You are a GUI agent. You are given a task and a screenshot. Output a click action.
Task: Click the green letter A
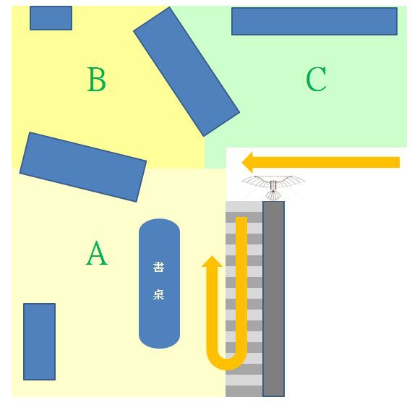pyautogui.click(x=97, y=253)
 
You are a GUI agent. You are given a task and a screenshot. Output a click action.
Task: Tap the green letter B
pyautogui.click(x=97, y=80)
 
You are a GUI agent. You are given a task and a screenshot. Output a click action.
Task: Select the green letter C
pyautogui.click(x=316, y=79)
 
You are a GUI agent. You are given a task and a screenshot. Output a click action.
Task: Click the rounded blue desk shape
pyautogui.click(x=159, y=284)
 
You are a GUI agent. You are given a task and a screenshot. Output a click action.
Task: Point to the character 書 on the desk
pyautogui.click(x=158, y=267)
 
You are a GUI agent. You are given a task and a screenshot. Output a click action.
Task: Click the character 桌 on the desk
pyautogui.click(x=158, y=294)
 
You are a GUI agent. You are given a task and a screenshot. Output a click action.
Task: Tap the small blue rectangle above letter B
pyautogui.click(x=51, y=18)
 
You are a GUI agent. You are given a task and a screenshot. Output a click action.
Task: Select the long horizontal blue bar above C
pyautogui.click(x=314, y=21)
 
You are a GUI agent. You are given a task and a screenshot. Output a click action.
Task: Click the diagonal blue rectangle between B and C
pyautogui.click(x=186, y=72)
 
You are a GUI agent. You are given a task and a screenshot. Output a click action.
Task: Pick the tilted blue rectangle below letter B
pyautogui.click(x=83, y=167)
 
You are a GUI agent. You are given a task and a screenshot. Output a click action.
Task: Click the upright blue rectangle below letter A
pyautogui.click(x=39, y=341)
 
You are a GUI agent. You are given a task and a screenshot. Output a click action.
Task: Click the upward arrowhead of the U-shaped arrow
pyautogui.click(x=212, y=261)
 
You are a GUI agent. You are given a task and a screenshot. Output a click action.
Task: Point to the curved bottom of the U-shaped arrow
pyautogui.click(x=227, y=365)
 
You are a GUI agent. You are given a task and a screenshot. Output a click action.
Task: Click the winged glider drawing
pyautogui.click(x=273, y=187)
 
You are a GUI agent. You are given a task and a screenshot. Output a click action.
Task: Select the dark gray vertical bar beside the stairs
pyautogui.click(x=273, y=299)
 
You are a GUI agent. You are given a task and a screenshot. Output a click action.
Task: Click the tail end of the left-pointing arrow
pyautogui.click(x=400, y=162)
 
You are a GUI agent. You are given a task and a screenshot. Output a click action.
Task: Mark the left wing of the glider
pyautogui.click(x=256, y=182)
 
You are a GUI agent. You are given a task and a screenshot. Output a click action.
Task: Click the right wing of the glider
pyautogui.click(x=291, y=182)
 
